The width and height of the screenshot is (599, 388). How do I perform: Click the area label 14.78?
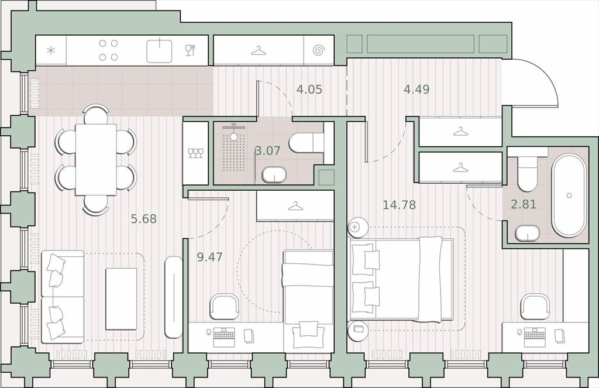[399, 205]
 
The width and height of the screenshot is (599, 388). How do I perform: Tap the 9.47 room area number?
[209, 257]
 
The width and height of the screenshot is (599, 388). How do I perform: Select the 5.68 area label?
[144, 219]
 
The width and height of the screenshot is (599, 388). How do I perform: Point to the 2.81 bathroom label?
[524, 204]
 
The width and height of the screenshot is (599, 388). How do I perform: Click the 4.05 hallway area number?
[309, 90]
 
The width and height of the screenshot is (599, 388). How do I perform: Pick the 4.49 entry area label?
[416, 90]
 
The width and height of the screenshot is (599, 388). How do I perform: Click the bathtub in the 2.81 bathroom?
[569, 195]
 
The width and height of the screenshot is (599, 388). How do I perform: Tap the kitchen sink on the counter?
[159, 51]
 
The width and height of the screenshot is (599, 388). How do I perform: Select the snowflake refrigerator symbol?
[51, 50]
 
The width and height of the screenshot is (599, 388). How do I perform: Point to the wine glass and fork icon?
[190, 50]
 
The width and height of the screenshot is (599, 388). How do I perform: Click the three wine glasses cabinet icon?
[195, 153]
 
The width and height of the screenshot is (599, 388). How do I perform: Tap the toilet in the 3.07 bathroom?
[306, 143]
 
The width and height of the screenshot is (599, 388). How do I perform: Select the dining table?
[96, 159]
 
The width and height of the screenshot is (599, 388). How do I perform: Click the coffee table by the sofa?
[121, 298]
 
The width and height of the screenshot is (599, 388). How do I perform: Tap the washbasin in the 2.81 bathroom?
[527, 233]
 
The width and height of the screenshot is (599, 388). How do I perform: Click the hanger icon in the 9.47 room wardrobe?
[295, 207]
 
